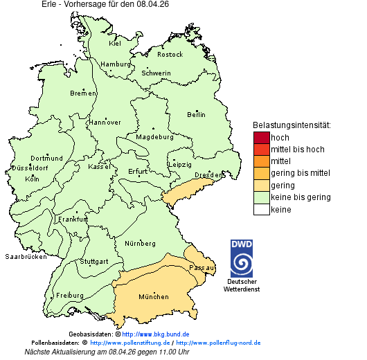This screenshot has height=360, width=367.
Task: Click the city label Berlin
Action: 196,114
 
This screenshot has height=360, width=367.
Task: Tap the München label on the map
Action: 154,297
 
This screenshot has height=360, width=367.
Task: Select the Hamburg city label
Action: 116,64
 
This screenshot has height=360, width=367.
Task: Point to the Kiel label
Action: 115,43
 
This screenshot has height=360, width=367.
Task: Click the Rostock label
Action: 170,54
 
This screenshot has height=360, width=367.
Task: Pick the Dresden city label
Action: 208,175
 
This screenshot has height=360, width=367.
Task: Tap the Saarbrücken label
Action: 26,256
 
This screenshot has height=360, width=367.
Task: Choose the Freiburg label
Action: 69,295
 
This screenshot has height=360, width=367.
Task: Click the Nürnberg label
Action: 140,244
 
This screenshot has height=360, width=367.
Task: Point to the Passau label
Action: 202,267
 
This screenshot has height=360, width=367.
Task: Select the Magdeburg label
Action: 154,137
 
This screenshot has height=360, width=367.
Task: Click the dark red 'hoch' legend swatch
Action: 261,137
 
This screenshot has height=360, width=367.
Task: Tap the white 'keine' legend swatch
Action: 261,209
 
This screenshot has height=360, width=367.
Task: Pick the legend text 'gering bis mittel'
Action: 300,173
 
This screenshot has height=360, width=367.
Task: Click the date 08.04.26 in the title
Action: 152,4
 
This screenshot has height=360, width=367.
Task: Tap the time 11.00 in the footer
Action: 156,352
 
